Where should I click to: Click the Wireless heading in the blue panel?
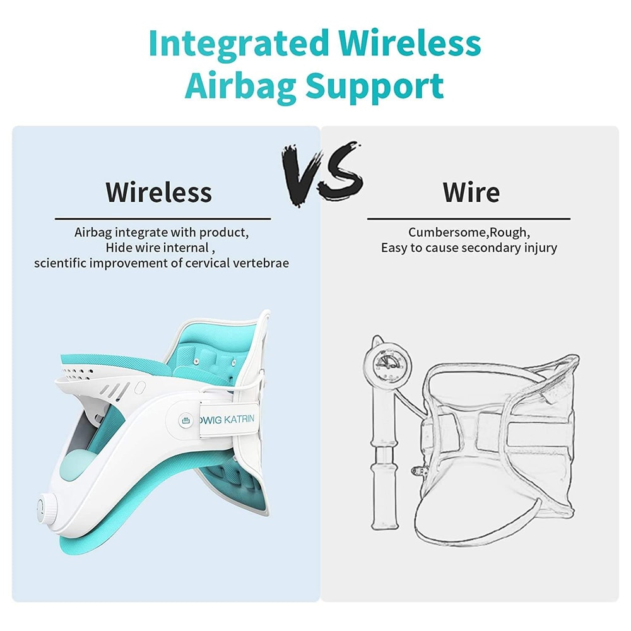(x=158, y=191)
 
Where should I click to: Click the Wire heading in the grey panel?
(x=471, y=191)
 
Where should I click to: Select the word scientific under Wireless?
(x=61, y=262)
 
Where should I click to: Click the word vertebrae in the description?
(x=259, y=262)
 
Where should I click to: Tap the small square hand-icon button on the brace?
(x=185, y=418)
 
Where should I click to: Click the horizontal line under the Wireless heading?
(x=163, y=218)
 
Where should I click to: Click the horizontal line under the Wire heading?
(x=468, y=218)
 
